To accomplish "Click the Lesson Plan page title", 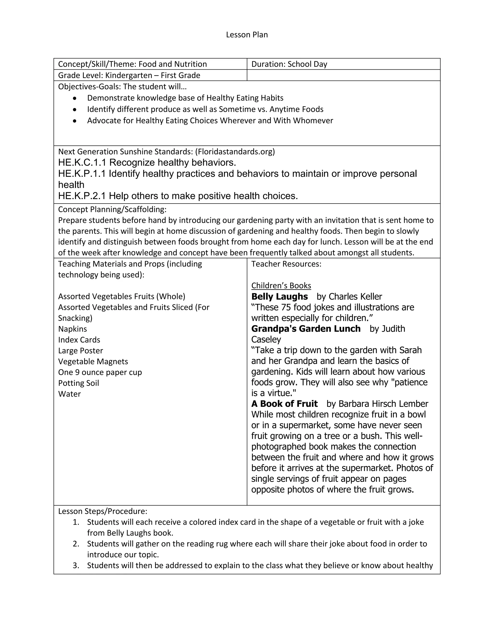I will click(x=247, y=35).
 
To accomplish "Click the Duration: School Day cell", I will click(x=289, y=64).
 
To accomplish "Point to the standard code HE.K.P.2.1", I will click(x=82, y=196).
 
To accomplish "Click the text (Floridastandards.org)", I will click(x=235, y=152).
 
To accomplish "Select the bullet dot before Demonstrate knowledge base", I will click(x=75, y=98).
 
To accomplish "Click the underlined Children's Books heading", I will click(x=281, y=286).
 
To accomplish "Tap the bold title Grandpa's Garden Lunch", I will click(x=306, y=329).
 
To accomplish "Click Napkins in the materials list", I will click(x=73, y=329).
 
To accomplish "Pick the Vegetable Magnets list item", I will click(x=93, y=361).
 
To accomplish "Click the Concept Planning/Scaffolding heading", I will click(x=112, y=209).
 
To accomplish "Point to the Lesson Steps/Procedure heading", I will click(x=103, y=511).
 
